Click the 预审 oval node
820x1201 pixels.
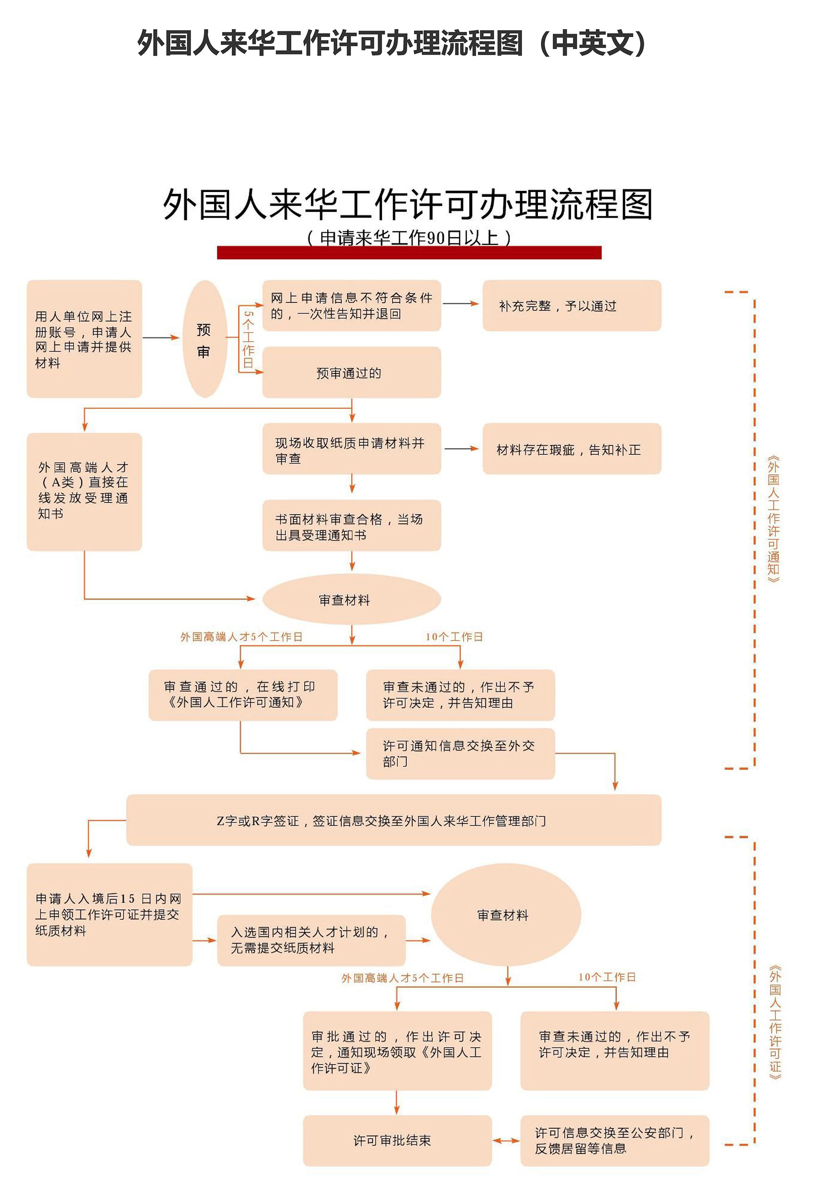pos(205,339)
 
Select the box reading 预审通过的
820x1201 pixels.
pos(351,372)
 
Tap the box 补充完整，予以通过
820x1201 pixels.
pos(571,306)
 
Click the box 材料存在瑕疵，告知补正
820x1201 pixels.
pos(571,449)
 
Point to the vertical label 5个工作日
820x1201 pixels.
pos(249,339)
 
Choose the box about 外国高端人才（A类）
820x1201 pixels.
pos(84,491)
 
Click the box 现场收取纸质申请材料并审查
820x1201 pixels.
pos(351,449)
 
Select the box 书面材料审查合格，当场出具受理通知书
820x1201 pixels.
pos(351,525)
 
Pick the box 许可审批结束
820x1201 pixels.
pos(397,1141)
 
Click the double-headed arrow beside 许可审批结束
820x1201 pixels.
pos(506,1141)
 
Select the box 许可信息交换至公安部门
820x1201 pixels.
pos(614,1141)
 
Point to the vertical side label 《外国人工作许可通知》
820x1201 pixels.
pos(773,519)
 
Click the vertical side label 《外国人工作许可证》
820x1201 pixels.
pos(775,1022)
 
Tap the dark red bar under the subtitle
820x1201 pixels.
pos(409,252)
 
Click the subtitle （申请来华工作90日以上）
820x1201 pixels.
pos(409,237)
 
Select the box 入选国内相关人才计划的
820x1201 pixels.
pos(311,940)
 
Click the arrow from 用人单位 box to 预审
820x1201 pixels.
pos(161,338)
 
